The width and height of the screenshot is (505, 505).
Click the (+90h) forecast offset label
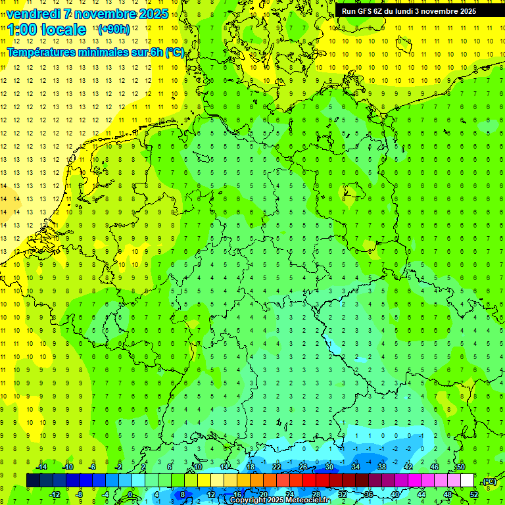point(114,29)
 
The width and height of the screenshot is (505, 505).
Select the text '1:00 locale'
point(47,30)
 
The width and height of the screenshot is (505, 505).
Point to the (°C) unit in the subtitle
point(174,52)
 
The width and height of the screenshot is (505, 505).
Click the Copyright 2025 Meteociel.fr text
point(279,500)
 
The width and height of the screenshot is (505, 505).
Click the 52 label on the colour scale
point(473,494)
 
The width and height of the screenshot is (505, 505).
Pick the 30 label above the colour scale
point(329,467)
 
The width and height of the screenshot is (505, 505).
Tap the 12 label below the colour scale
point(210,494)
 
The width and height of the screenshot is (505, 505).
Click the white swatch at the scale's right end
point(467,481)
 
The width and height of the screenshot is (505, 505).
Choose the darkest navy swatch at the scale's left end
point(33,481)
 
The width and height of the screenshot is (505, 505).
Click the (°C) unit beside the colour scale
point(489,481)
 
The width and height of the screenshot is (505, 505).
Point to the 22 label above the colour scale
point(276,467)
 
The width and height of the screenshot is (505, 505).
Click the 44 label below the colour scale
point(421,494)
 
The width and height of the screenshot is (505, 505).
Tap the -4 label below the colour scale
point(105,494)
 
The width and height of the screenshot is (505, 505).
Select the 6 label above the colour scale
point(170,467)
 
